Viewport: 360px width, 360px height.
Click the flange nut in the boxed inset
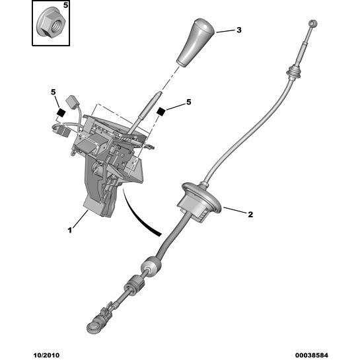coord(52,23)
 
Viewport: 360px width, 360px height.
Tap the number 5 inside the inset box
coord(65,5)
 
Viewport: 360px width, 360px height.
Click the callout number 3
coord(239,30)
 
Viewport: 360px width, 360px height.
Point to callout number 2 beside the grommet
coord(250,215)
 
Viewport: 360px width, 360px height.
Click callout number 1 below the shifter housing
coord(70,230)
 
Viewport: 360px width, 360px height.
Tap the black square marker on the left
coord(61,112)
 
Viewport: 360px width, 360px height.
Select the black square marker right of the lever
coord(161,112)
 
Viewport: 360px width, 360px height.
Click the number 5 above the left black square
coord(54,92)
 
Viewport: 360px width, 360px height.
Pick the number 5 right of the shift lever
coord(188,102)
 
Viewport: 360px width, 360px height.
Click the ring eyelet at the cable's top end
coord(312,23)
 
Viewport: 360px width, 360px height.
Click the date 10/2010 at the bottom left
coord(46,355)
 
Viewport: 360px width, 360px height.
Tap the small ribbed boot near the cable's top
coord(294,72)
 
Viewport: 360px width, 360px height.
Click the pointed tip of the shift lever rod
coord(161,92)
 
